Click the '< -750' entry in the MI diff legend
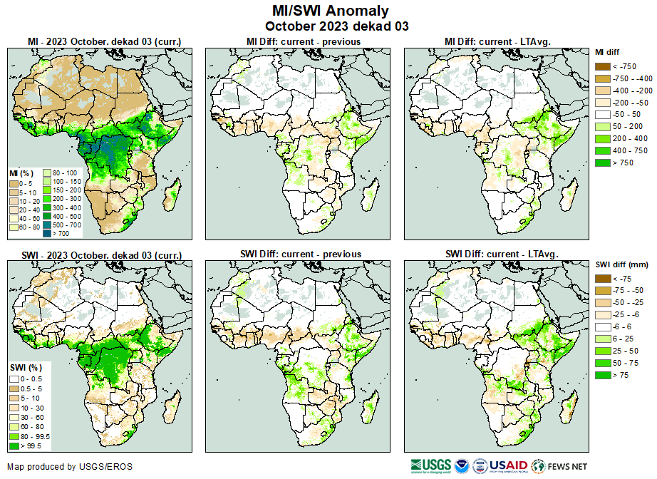pos(601,66)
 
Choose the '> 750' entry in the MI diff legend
pos(601,163)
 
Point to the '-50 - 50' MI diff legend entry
pos(601,115)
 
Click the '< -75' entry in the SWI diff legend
pos(601,279)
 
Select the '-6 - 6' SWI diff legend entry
pos(601,327)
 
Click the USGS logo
pos(431,465)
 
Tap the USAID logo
pos(507,465)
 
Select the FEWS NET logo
pos(559,465)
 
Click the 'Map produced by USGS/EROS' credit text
pos(69,467)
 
